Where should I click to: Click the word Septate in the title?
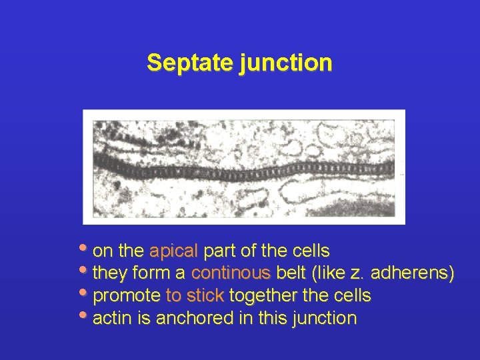coord(189,63)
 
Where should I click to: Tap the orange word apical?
coord(174,251)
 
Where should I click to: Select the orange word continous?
coord(231,273)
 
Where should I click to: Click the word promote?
coord(127,295)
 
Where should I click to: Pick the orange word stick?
coord(205,295)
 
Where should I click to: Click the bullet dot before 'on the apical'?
coord(85,249)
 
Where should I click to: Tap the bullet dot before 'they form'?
coord(85,271)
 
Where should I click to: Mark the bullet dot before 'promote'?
coord(85,293)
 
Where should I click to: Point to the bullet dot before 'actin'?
coord(85,315)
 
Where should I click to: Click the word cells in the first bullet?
coord(311,251)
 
